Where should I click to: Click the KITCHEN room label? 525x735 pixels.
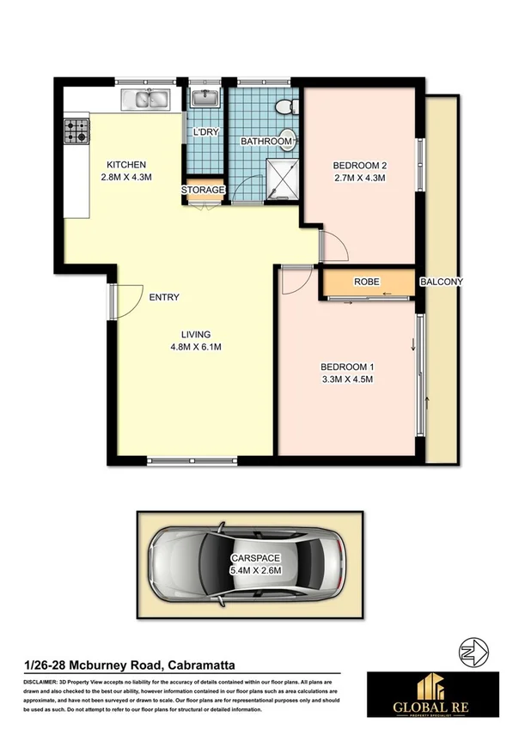[x=126, y=165]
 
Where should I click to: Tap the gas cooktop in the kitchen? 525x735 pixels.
[x=76, y=130]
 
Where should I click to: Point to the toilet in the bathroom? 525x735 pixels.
[x=285, y=106]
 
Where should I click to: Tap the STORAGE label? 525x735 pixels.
[x=203, y=190]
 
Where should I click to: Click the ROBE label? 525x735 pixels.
[x=366, y=282]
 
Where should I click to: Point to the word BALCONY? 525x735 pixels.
[x=442, y=282]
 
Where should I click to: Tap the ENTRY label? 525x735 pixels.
[x=164, y=297]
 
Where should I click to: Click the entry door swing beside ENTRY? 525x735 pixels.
[x=127, y=301]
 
